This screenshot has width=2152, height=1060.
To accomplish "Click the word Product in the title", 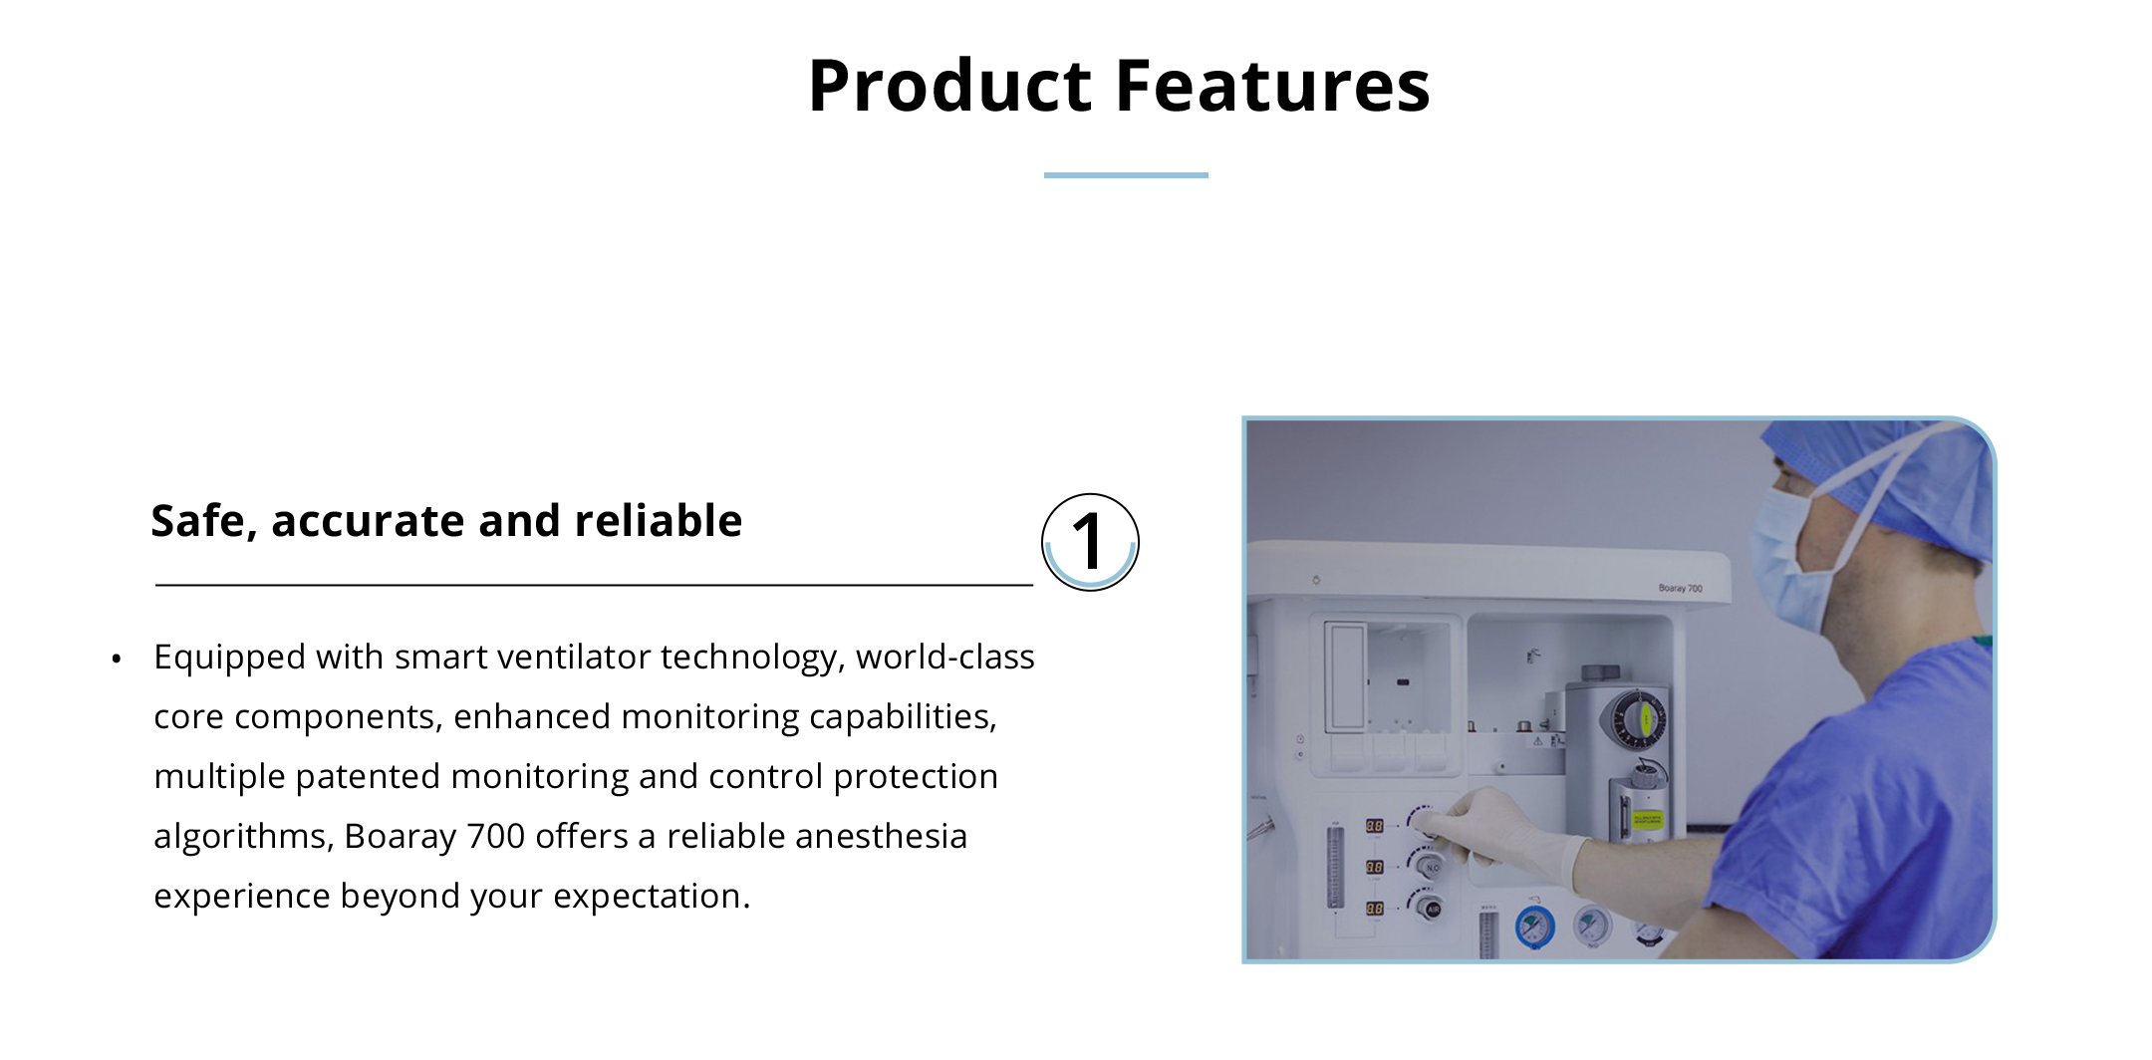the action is point(950,86).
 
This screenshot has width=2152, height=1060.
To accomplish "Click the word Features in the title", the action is point(1272,86).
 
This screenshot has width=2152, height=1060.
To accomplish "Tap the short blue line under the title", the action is point(1126,175).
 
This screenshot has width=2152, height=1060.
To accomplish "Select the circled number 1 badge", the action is point(1090,542).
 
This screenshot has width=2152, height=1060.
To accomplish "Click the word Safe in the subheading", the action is point(197,521).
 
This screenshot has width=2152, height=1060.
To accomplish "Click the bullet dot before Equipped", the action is point(117,659).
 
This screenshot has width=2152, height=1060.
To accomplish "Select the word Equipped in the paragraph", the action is point(229,659).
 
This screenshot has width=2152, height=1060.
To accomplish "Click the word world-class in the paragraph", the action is point(944,657).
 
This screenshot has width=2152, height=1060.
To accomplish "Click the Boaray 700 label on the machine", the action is point(1680,588).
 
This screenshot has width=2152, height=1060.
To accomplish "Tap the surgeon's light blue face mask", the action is point(1789,563).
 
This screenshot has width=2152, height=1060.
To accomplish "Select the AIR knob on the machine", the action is point(1431,908).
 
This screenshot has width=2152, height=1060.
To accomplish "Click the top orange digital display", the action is point(1374,826).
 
